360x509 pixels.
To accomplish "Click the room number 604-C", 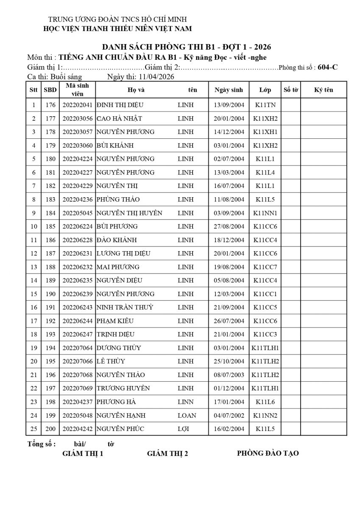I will (327, 67).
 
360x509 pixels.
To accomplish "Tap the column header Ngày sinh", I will (229, 90).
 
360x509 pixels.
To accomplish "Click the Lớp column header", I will (265, 90).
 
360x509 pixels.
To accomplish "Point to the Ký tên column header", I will (324, 90).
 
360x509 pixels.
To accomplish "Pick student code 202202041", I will (77, 105).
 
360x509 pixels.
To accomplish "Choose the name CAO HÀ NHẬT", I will (119, 118).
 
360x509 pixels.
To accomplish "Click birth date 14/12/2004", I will (229, 132).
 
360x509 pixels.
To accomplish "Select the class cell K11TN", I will (265, 105).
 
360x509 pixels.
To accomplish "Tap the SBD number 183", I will (50, 199).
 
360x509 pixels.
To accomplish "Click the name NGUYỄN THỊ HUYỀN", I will (129, 213).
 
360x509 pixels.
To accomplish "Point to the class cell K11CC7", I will (265, 267).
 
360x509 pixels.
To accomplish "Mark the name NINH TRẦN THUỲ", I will (125, 308).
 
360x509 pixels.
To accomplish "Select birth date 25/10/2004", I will (229, 361).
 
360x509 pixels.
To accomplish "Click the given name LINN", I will (185, 402).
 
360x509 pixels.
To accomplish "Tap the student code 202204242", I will (77, 429).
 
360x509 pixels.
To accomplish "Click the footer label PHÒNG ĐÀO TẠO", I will (268, 453).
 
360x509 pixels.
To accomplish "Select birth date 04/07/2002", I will (229, 415).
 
